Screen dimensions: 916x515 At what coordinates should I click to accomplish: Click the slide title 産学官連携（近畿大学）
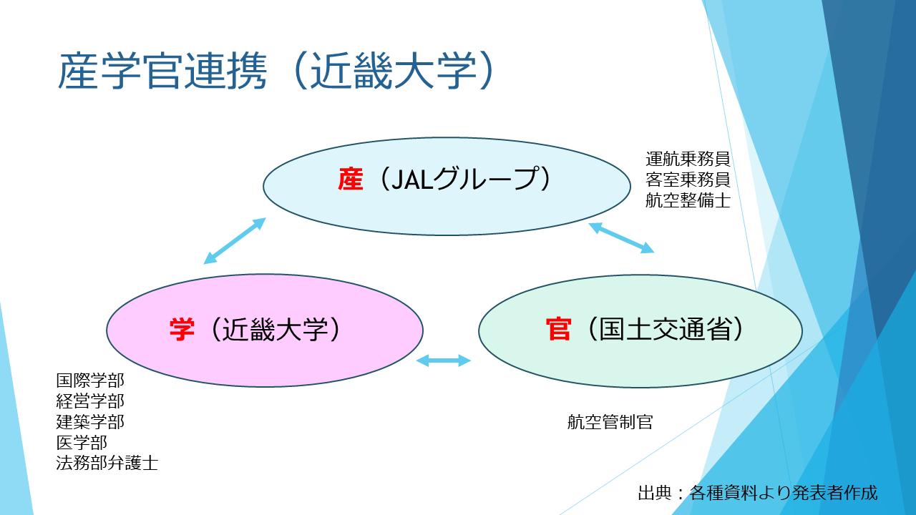coord(277,71)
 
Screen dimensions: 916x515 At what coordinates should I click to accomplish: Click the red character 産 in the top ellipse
coord(351,179)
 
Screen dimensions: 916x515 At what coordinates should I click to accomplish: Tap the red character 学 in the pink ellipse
coord(182,330)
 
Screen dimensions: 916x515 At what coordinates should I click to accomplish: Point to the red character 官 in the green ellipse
coord(558,329)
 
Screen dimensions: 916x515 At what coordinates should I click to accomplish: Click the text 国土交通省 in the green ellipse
coord(665,329)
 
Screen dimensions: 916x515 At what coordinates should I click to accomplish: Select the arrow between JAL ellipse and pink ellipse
coord(235,241)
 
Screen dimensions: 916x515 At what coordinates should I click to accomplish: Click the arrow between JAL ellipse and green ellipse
coord(621,238)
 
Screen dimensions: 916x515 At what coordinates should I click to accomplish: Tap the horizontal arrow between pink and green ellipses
coord(443,360)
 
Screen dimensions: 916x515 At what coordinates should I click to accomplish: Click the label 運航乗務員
coord(688,159)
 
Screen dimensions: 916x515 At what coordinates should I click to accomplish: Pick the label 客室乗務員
coord(688,180)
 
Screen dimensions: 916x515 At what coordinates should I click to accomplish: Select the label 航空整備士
coord(688,200)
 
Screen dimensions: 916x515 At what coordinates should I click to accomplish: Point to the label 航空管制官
coord(610,422)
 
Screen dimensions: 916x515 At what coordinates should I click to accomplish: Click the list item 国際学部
coord(90,381)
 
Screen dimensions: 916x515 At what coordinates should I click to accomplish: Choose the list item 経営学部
coord(90,401)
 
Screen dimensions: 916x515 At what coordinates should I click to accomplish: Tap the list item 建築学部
coord(90,422)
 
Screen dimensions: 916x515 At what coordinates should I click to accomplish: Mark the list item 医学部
coord(82,443)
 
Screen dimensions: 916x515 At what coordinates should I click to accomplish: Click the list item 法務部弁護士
coord(107,463)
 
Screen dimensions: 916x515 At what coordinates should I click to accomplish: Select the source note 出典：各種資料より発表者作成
coord(758,493)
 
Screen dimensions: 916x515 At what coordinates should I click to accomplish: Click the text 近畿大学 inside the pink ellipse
coord(276,330)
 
